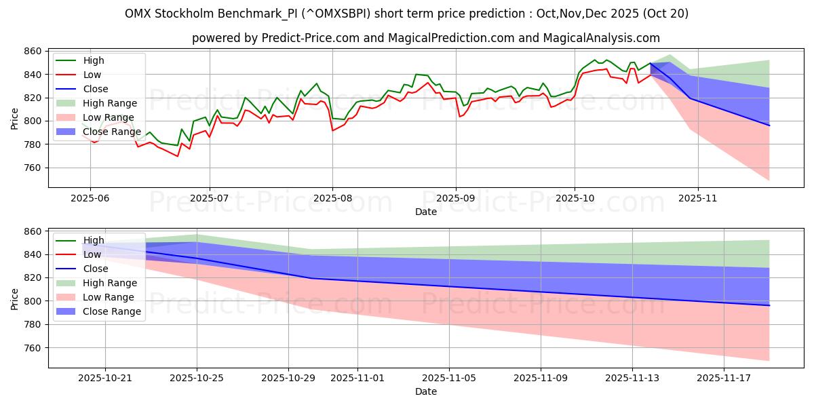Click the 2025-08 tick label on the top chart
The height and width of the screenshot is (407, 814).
point(332,198)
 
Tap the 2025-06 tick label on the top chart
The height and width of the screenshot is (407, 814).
point(90,198)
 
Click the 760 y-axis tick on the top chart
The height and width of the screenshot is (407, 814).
point(33,168)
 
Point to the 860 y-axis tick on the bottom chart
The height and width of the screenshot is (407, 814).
point(33,231)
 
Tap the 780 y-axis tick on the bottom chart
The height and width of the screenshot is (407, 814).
point(33,324)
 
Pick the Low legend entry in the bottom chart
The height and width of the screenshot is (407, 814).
point(92,254)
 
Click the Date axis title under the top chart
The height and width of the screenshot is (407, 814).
point(426,212)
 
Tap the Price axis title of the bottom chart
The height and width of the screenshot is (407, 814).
point(15,298)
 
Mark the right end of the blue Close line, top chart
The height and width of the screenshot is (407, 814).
point(769,125)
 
